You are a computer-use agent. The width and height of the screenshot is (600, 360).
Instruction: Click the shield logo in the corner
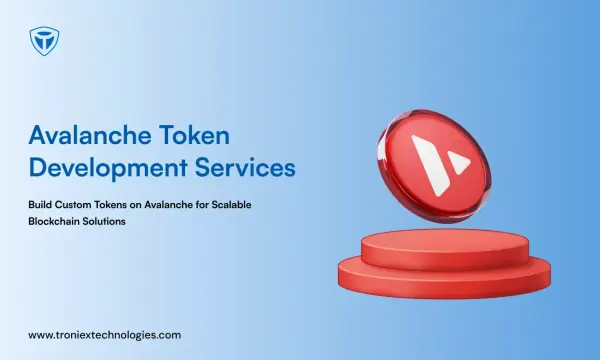pos(44,41)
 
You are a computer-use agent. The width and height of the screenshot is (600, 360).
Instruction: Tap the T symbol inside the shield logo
pos(44,40)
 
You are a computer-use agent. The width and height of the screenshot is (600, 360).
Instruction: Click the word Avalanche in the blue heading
pos(90,135)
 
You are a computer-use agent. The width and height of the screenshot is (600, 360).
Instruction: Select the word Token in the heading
pos(194,135)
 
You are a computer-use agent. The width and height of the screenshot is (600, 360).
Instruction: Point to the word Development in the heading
pos(108,168)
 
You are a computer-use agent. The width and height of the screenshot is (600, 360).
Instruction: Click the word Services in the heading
pos(245,168)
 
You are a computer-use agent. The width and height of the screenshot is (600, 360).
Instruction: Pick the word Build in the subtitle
pos(40,205)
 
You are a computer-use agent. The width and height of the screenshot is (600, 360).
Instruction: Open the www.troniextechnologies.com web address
pos(104,336)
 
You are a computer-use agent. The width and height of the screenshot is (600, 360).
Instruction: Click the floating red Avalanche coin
pos(434,166)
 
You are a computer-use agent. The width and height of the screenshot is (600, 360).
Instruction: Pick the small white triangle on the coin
pos(459,162)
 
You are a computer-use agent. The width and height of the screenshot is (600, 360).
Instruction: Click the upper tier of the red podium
pos(445,248)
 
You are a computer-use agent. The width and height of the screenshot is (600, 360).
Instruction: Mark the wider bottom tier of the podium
pos(444,281)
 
